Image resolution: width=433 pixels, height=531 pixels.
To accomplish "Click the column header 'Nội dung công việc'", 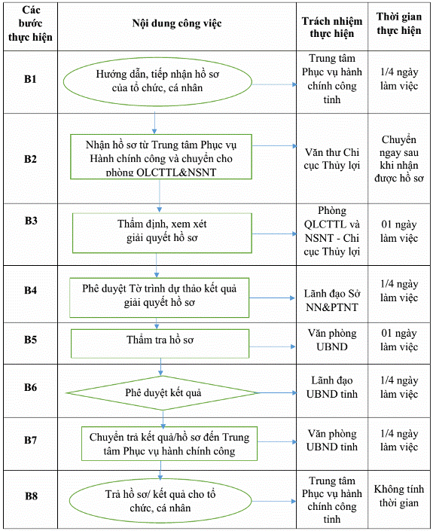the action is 177,23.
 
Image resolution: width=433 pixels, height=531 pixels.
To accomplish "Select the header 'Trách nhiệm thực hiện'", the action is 332,27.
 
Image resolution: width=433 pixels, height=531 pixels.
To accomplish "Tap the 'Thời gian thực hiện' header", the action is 399,23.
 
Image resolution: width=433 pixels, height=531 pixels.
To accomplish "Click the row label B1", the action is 30,79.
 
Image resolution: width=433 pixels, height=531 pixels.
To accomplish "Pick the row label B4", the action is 30,290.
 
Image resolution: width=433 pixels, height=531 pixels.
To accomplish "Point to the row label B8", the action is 31,496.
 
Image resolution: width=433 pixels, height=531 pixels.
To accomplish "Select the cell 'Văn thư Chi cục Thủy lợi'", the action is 332,159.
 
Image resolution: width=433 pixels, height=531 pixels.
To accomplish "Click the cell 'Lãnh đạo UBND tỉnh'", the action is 332,387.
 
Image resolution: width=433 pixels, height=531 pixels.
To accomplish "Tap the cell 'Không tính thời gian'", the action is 399,496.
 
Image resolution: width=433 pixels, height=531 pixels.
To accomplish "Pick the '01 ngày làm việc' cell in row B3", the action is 399,231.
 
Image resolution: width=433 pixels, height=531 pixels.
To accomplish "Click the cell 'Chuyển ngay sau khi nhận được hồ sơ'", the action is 399,159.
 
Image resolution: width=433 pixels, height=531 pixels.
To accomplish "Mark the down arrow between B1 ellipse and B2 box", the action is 154,123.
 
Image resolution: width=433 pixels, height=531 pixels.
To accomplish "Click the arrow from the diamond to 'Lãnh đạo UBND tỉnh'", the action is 277,393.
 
